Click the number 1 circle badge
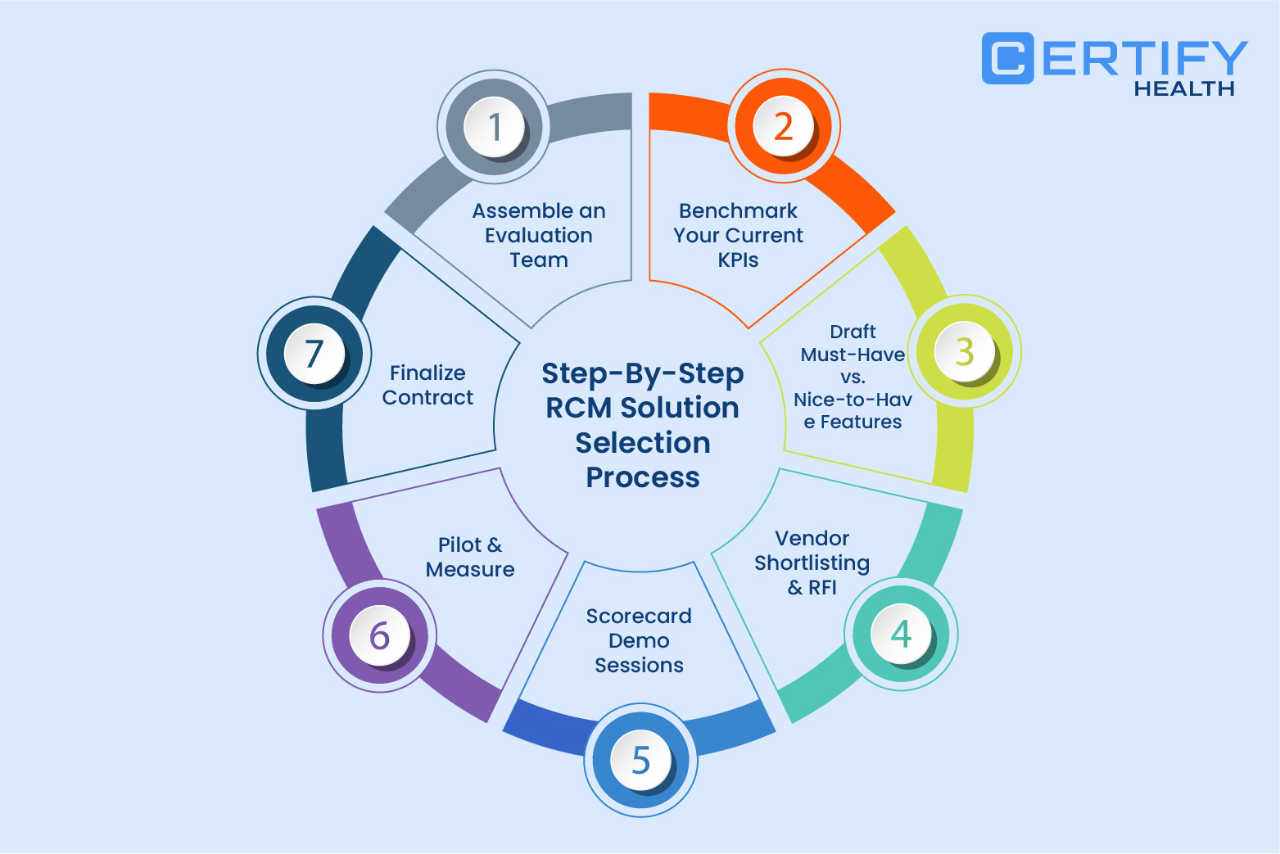(x=494, y=127)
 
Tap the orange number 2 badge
(x=783, y=126)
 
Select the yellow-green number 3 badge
(x=964, y=352)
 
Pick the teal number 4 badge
(x=901, y=634)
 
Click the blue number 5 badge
(x=641, y=760)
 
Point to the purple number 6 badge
(x=379, y=636)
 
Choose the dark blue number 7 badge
(x=314, y=353)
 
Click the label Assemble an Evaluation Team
(x=539, y=235)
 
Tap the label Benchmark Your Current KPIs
(x=738, y=235)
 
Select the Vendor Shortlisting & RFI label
(x=812, y=563)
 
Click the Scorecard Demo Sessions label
(x=639, y=640)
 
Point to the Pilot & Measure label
(x=470, y=557)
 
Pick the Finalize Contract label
(x=427, y=385)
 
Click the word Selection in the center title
(x=643, y=443)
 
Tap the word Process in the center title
(x=643, y=477)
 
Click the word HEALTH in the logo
(x=1183, y=88)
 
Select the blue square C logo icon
(x=1007, y=58)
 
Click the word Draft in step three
(x=853, y=332)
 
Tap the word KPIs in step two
(x=738, y=260)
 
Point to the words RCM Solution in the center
(x=643, y=408)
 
